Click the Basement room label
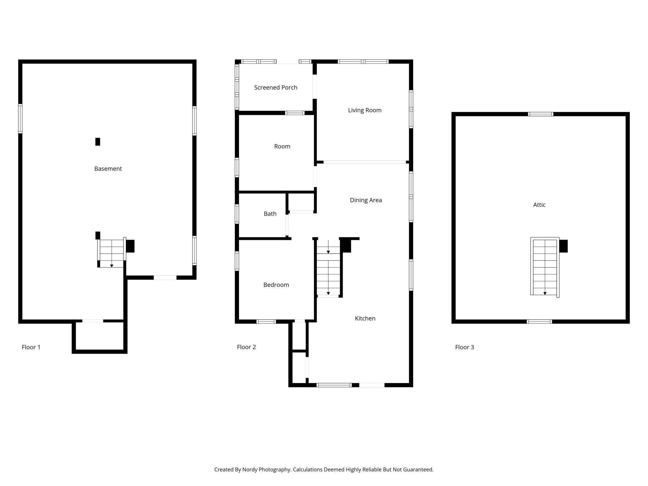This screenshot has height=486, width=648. tap(108, 169)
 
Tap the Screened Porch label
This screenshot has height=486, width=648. tap(276, 88)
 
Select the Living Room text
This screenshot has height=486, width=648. tap(365, 110)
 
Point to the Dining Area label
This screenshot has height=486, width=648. tap(366, 200)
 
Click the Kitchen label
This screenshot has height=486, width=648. tap(365, 318)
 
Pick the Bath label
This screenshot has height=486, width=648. tap(270, 214)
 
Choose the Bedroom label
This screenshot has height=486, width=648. tap(276, 285)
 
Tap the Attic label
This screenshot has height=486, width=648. tap(539, 205)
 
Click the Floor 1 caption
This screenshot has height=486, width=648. tap(31, 347)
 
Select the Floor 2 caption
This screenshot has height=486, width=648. tap(246, 347)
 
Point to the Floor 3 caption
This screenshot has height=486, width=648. tap(465, 347)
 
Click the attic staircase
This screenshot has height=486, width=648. tap(545, 267)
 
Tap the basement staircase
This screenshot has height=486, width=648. tap(112, 253)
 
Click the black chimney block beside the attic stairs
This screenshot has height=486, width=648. tap(563, 246)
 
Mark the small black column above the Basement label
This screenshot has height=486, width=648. tap(98, 142)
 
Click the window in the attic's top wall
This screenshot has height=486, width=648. tap(541, 114)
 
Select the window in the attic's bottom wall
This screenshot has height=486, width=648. tap(539, 322)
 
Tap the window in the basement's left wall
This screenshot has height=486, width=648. tap(20, 118)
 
